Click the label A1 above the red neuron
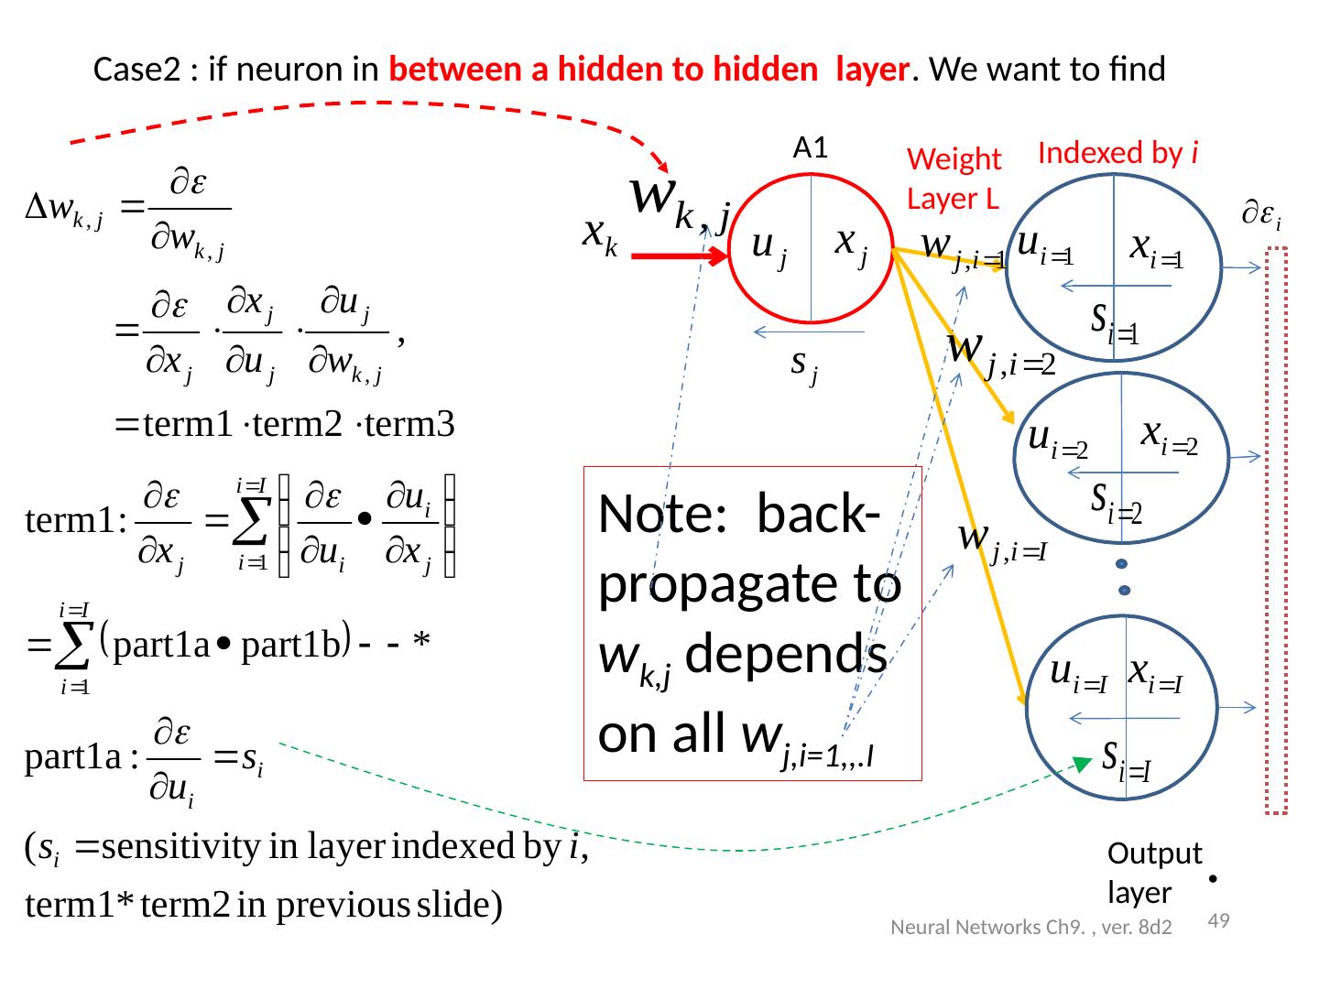811,147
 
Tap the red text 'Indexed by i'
1118,152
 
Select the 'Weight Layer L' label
953,179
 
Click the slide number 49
1218,921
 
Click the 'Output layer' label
1153,873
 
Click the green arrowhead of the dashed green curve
1084,765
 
